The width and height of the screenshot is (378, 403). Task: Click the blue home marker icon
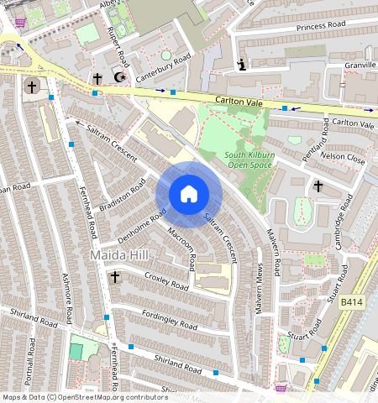[x=189, y=194]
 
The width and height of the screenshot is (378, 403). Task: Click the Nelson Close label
[x=342, y=157]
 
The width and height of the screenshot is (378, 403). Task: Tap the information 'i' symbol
[x=241, y=65]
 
